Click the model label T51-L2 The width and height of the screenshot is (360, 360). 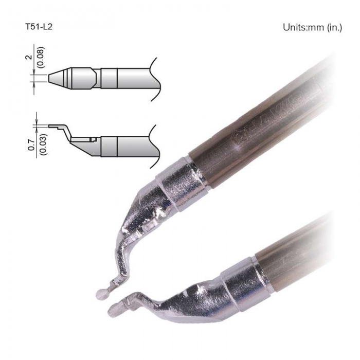(39, 27)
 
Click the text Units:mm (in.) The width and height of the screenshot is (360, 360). (313, 27)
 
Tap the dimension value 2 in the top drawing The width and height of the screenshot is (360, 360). (29, 57)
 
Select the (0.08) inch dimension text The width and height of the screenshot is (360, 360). (41, 57)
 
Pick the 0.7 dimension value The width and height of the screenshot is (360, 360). (31, 145)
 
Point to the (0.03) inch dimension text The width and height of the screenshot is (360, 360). (43, 145)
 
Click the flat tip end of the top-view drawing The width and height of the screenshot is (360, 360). (48, 78)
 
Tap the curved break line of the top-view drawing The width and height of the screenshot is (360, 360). (156, 79)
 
